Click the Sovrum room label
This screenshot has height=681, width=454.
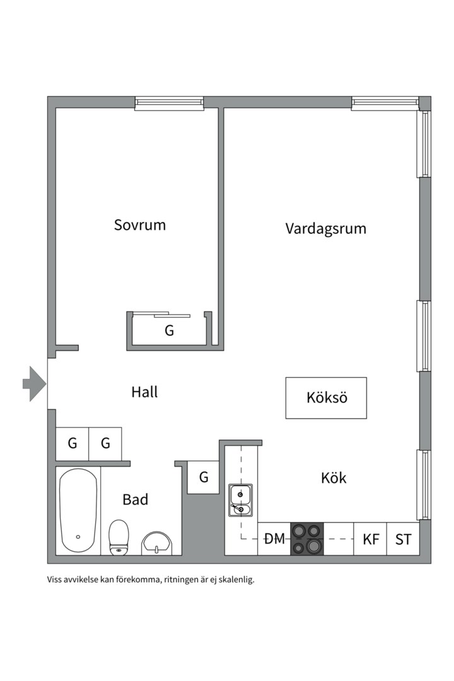pos(139,225)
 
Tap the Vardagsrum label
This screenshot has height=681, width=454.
pos(325,228)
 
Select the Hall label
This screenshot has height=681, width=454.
pos(144,392)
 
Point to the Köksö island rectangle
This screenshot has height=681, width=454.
pos(326,398)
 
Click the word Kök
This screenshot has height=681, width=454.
pos(334,478)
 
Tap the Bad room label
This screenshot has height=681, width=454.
pos(136,500)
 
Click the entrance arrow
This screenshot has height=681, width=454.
pos(34,383)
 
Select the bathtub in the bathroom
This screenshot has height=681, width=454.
pos(78,511)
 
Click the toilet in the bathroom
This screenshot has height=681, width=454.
pos(118,538)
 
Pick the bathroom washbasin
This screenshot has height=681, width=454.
pos(157,542)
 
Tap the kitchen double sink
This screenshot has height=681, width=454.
pos(240,500)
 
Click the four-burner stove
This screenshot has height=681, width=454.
pos(306,539)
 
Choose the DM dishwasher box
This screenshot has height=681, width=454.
pos(274,539)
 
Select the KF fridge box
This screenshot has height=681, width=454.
pos(371,539)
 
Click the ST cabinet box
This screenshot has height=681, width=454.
pos(403,539)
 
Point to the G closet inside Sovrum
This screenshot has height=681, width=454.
pos(169,330)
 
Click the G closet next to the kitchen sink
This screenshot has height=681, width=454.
pos(204,477)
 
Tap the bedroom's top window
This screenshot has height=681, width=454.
pos(169,103)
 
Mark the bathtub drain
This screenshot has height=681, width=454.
pos(78,537)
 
